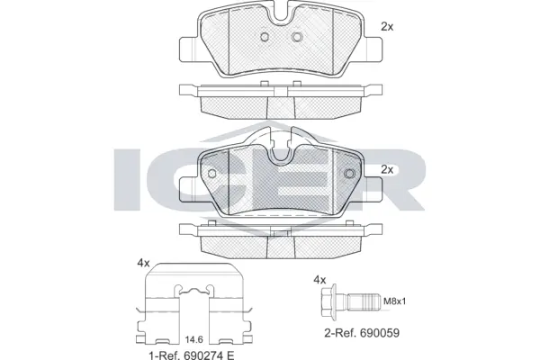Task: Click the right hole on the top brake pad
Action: point(296,37)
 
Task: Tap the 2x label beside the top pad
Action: point(387,27)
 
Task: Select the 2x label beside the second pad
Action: point(387,169)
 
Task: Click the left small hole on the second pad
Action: point(212,173)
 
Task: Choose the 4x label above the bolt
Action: point(319,279)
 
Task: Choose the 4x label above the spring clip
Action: point(141,263)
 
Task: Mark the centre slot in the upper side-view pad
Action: point(280,92)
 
